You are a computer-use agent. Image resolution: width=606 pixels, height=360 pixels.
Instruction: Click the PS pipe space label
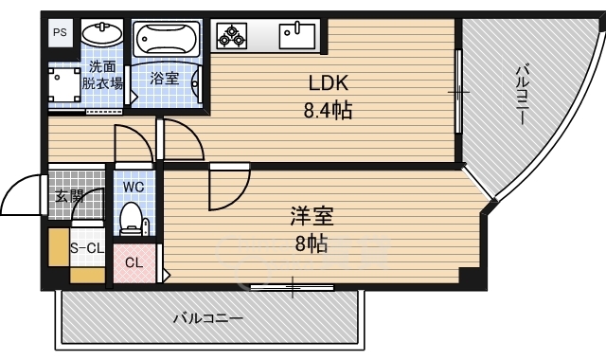pos(60,32)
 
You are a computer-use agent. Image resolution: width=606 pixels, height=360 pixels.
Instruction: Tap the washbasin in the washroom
pos(102,34)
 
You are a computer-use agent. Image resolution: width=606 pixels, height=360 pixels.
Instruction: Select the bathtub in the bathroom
pos(167,39)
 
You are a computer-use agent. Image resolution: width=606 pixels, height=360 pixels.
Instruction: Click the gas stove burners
pos(231,36)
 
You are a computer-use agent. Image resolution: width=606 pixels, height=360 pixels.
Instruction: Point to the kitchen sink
pos(297,36)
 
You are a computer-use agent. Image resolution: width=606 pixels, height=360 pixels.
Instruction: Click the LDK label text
pos(329,82)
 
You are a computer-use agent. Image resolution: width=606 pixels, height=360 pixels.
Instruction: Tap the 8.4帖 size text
pos(328,111)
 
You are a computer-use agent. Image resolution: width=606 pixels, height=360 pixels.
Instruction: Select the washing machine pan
pos(64,84)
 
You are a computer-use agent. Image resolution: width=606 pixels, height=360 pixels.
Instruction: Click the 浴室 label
pos(164,79)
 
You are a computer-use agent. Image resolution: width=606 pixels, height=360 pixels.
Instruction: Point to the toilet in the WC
pos(131,219)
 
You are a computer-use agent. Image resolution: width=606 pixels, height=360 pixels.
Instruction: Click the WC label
pos(134,188)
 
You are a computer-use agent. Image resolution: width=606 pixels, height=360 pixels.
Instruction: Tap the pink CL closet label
pos(134,263)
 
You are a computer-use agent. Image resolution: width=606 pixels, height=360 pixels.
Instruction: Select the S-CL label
pos(87,248)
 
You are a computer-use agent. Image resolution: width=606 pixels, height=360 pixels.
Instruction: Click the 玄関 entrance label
pos(69,196)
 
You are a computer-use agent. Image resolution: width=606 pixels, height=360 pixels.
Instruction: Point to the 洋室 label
pos(312,216)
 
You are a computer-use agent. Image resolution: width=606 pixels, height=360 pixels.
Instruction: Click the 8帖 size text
pos(312,244)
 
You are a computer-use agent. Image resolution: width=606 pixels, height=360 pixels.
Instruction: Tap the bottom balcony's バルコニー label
pos(208,318)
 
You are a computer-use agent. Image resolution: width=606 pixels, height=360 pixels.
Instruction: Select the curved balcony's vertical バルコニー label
pos(522,95)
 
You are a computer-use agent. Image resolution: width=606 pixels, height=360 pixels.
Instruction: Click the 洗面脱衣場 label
pos(102,75)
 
